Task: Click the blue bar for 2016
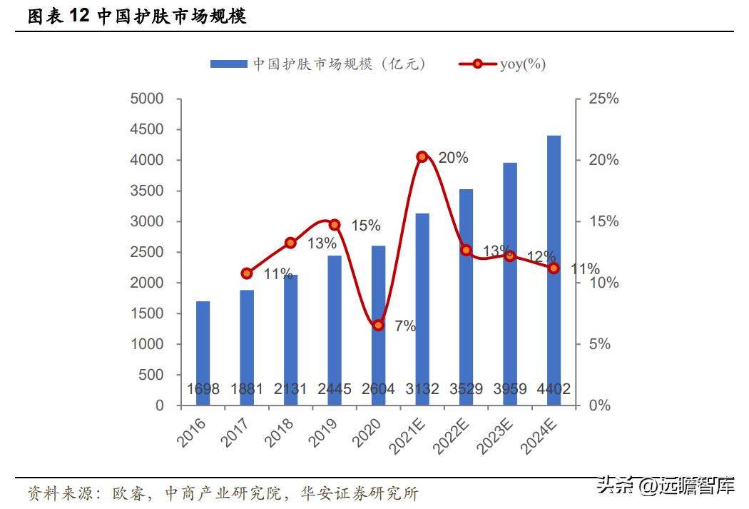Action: click(x=203, y=353)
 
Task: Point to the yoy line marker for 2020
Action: click(x=379, y=326)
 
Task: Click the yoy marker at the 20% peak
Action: click(x=422, y=156)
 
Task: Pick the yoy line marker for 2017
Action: click(x=247, y=273)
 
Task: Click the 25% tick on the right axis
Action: click(x=603, y=99)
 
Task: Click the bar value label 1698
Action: click(x=203, y=389)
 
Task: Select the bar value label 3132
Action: click(x=422, y=389)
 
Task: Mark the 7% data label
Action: click(x=404, y=326)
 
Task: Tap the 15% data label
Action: click(x=365, y=226)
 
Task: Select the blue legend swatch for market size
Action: click(x=229, y=64)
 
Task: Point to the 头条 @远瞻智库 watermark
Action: click(x=666, y=488)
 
